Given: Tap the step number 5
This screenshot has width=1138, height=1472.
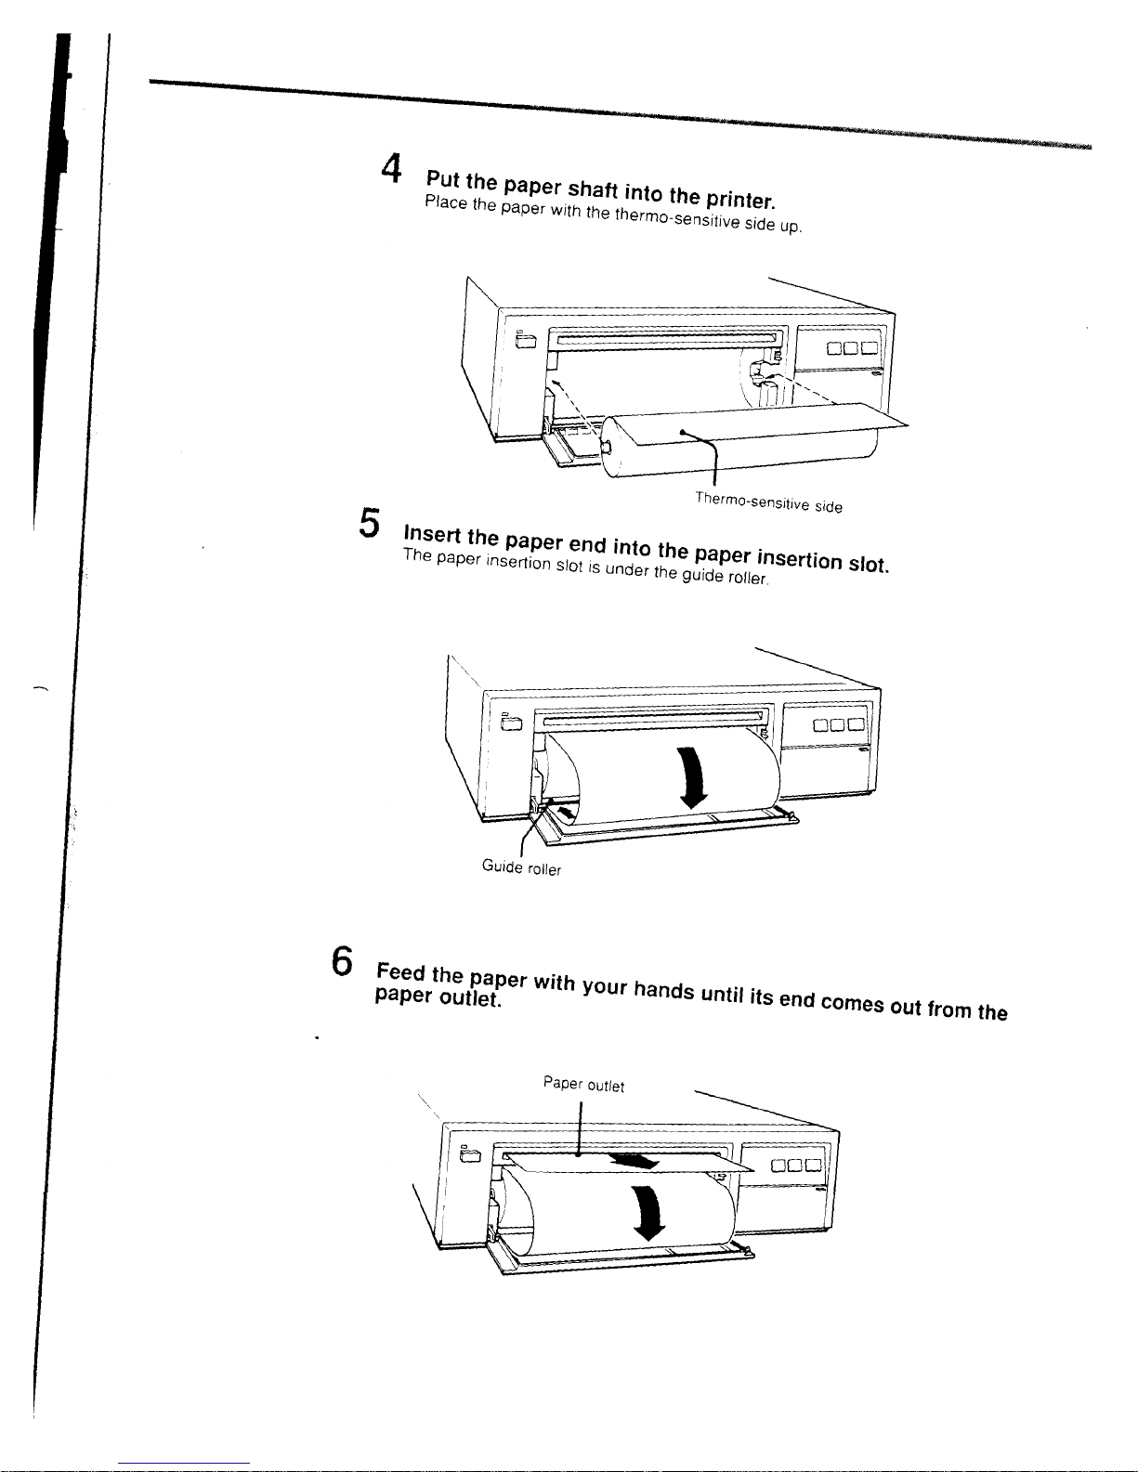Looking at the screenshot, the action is click(369, 522).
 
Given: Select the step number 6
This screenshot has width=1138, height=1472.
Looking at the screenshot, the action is click(343, 959).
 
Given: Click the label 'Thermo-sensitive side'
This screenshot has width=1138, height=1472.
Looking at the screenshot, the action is click(768, 502).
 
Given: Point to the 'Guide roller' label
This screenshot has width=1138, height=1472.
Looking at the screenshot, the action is click(521, 867).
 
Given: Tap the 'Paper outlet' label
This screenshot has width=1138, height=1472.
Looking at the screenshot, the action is click(583, 1084).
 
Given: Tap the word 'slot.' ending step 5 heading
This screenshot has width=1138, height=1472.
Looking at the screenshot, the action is click(869, 565).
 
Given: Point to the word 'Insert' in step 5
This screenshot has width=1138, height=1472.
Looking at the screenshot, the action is click(431, 533).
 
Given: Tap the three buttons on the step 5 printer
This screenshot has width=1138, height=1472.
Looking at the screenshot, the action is click(838, 725).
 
